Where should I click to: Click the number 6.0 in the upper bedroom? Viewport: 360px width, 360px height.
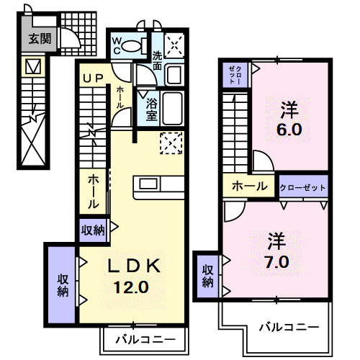[290, 131]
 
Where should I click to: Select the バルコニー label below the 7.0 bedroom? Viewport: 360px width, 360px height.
[289, 326]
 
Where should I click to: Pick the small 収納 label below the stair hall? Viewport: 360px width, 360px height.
[93, 231]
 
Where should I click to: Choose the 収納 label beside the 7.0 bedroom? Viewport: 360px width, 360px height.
[207, 276]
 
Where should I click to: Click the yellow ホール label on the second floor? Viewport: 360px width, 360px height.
[248, 186]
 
